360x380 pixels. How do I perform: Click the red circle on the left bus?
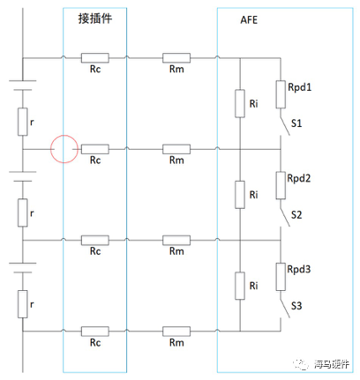(x=64, y=149)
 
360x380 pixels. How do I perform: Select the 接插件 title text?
(x=95, y=18)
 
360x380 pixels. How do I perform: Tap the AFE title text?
(x=250, y=19)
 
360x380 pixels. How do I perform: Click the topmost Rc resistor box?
(x=95, y=58)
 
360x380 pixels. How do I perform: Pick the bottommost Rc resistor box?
(x=95, y=331)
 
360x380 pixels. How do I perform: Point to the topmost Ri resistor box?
(x=240, y=103)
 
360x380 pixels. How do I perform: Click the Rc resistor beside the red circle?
(x=95, y=149)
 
